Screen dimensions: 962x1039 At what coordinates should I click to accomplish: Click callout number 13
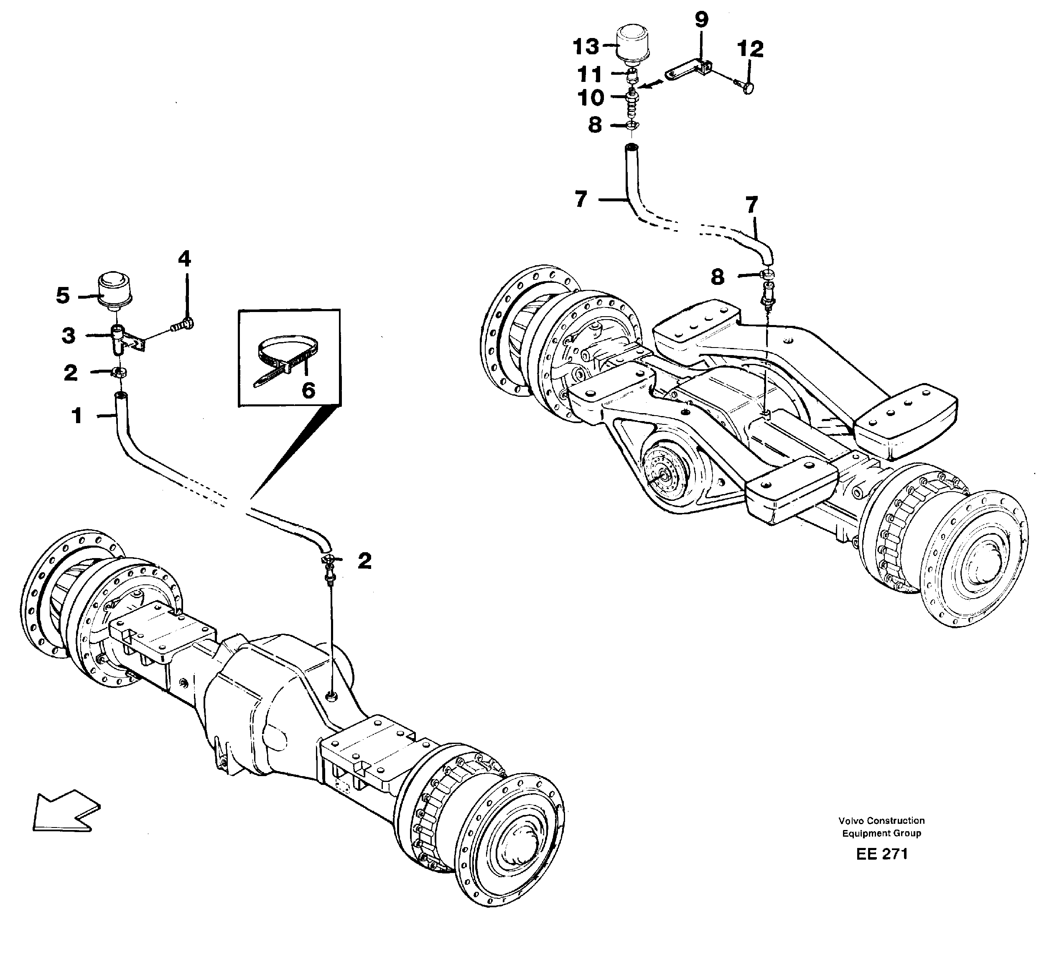586,47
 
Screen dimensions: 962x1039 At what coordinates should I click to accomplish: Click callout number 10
591,97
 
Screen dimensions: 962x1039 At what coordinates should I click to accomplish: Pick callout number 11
590,74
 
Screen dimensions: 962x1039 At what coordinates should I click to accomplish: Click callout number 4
184,259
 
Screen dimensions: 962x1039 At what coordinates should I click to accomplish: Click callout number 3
68,336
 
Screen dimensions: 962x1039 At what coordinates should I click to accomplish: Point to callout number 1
77,416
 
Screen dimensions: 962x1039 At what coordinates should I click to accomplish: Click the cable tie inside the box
286,359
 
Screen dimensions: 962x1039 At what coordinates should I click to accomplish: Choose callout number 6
308,390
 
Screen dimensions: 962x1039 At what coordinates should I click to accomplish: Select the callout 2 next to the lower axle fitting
364,561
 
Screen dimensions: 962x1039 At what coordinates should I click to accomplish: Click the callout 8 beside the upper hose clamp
595,125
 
